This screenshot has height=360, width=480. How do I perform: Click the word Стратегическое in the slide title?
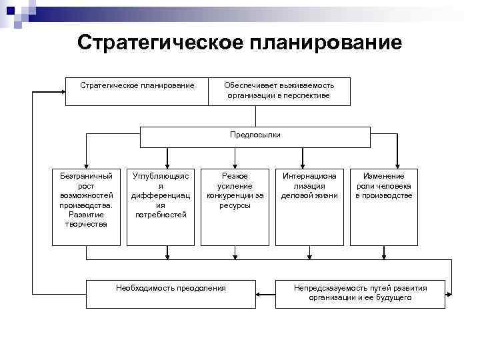tap(160, 43)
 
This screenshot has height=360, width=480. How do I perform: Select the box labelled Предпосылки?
tap(255, 135)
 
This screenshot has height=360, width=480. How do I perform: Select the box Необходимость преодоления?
tap(171, 293)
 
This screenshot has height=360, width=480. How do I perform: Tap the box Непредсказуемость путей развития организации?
tap(360, 293)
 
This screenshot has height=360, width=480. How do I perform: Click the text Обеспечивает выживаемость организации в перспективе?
tap(279, 91)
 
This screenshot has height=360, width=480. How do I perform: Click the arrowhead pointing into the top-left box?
tap(62, 91)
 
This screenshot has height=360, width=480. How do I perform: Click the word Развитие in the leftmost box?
tap(86, 215)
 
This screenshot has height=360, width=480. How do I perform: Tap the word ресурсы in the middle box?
tap(235, 205)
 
